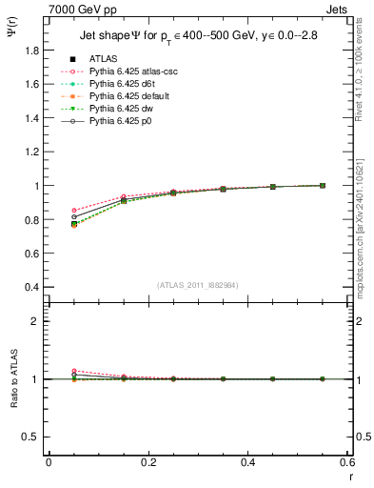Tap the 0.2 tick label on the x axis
[x=148, y=462]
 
